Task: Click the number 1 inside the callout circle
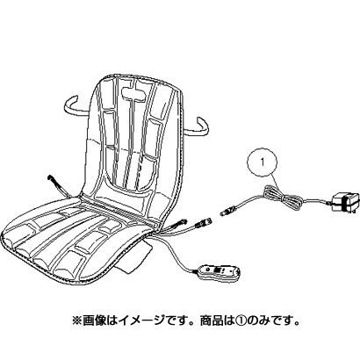coord(263,162)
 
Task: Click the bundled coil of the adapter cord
coord(282,198)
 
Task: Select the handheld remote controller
coord(219,271)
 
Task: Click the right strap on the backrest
coord(198,126)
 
